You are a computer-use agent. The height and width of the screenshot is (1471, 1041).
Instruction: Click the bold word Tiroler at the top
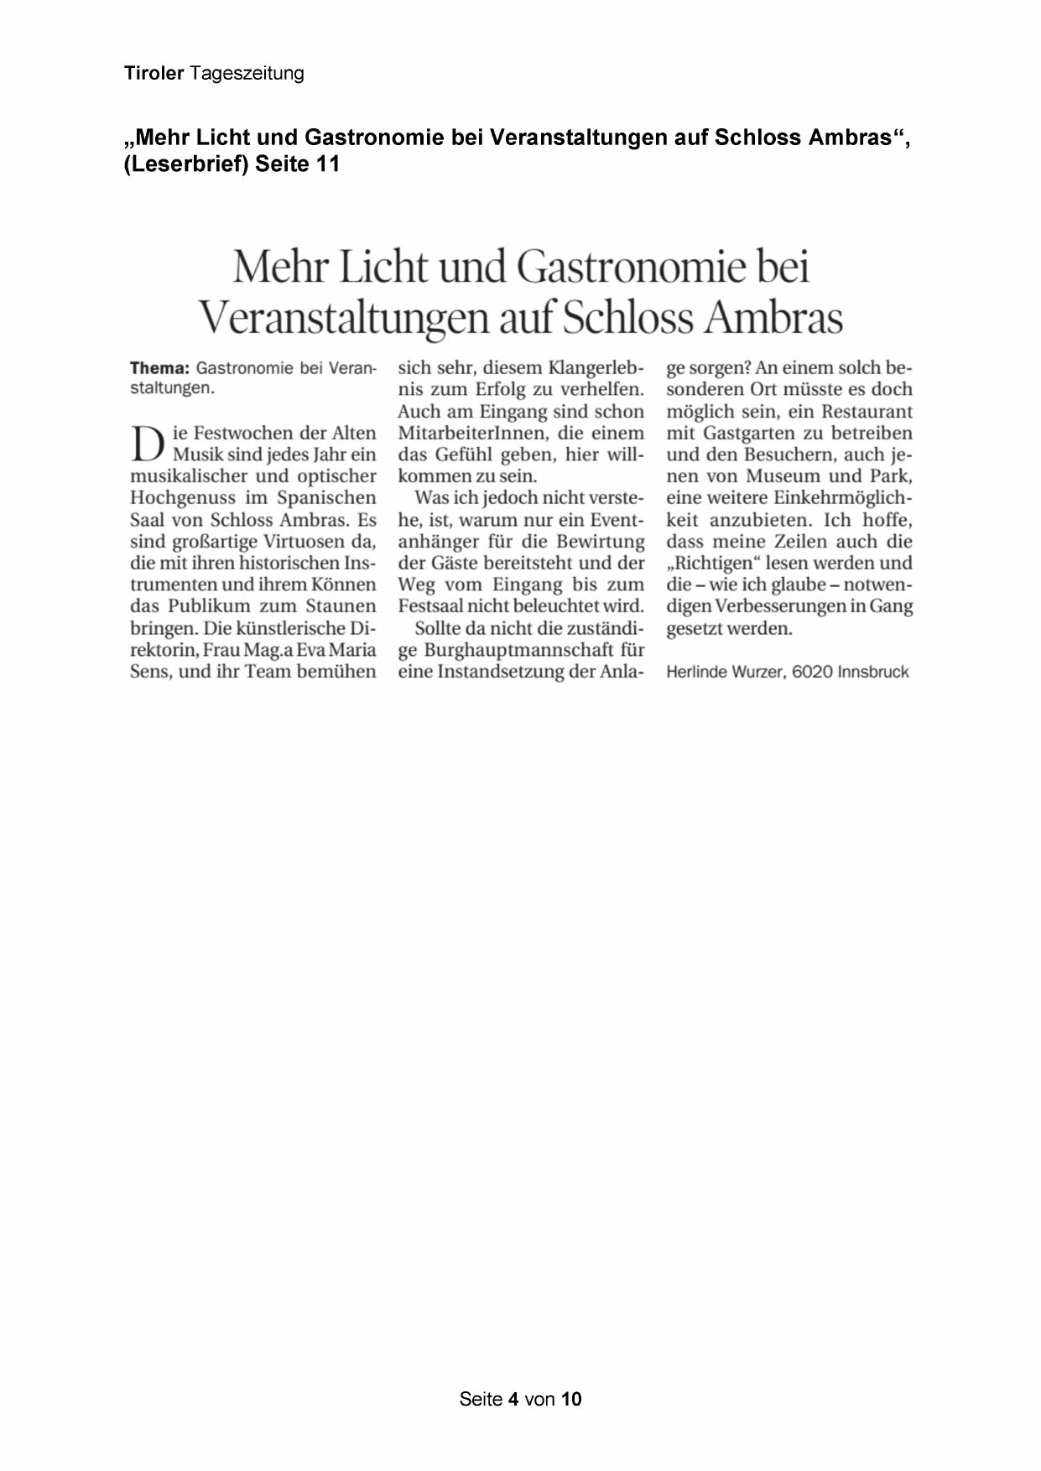click(x=154, y=74)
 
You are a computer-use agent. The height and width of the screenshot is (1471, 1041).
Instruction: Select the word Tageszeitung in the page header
click(x=247, y=74)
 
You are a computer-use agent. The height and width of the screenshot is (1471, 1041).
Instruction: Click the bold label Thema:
click(x=159, y=368)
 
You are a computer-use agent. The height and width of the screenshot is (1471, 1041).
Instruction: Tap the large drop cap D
click(x=148, y=444)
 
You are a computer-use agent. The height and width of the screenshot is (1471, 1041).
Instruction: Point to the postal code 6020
click(x=812, y=672)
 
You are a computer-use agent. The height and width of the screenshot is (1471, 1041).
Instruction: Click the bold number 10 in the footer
click(x=571, y=1398)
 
